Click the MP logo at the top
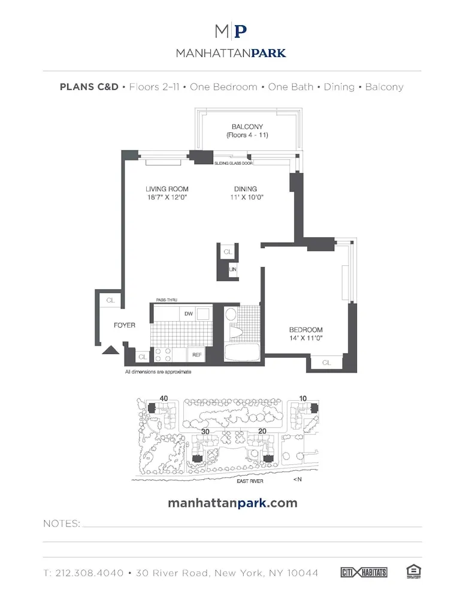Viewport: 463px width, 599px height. (231, 31)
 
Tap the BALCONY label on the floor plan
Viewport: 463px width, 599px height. (247, 126)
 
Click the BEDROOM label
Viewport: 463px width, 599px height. (305, 330)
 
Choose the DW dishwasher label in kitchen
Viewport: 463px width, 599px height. (188, 314)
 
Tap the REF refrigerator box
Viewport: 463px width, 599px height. (196, 355)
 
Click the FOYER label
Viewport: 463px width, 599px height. (125, 325)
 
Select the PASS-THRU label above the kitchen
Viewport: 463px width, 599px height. (166, 299)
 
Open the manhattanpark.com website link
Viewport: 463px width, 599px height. (232, 503)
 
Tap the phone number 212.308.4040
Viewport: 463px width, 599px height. (92, 573)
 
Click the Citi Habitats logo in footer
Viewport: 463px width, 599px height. (364, 573)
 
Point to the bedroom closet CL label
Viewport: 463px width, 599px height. (326, 362)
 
